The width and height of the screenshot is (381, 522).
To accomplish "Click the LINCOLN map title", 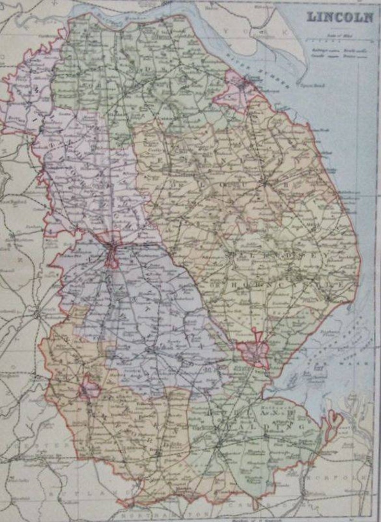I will [340, 17].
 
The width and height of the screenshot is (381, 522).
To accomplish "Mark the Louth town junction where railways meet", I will [264, 183].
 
